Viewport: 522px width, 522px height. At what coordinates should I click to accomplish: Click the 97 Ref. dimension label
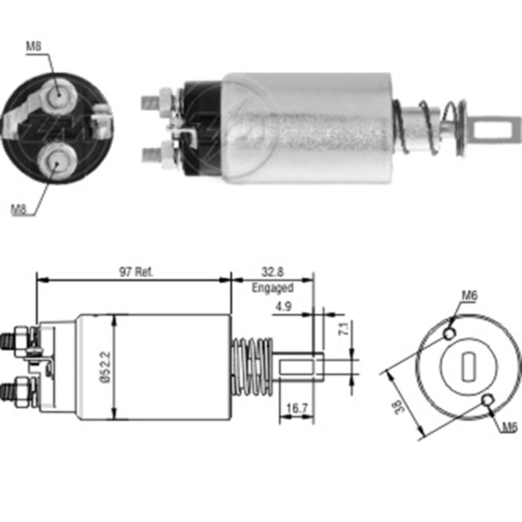pos(136,272)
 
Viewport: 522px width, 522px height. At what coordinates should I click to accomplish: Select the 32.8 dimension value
pos(272,272)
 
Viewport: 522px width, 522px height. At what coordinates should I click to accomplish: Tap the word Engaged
pos(272,288)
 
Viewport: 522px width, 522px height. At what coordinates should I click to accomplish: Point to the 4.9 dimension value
pos(283,306)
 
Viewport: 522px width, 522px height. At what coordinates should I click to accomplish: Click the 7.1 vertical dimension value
pos(345,328)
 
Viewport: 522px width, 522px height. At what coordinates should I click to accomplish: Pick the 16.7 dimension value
pos(296,408)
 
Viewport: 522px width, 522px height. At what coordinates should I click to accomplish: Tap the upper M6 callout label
pos(469,295)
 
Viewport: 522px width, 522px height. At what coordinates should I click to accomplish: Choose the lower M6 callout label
pos(509,427)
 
